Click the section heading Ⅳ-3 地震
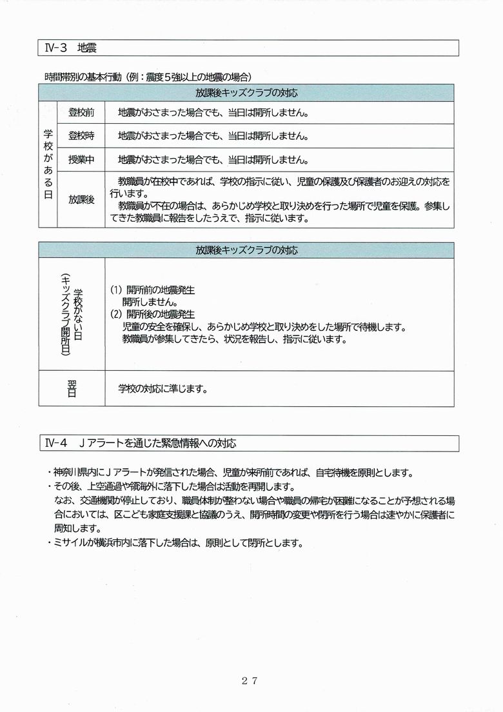coord(72,48)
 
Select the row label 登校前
coord(81,113)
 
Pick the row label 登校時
coord(81,136)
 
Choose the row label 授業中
coord(81,159)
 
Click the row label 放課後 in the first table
coord(81,199)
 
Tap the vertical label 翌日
coord(71,389)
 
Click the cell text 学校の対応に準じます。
coord(163,389)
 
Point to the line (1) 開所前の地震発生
coord(152,290)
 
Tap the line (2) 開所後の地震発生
coord(152,314)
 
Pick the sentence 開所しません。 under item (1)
coord(150,302)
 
